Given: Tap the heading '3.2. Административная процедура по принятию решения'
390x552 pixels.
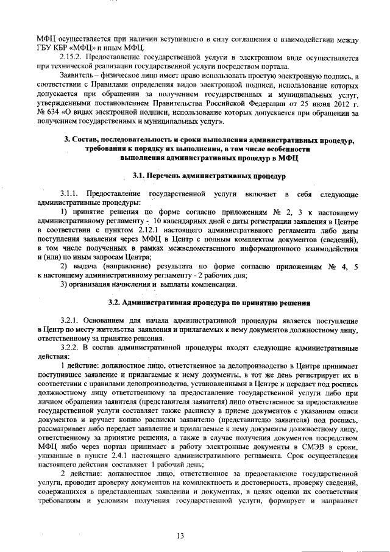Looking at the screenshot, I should pyautogui.click(x=209, y=303).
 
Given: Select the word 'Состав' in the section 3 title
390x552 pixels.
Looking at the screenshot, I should pyautogui.click(x=90, y=140).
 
